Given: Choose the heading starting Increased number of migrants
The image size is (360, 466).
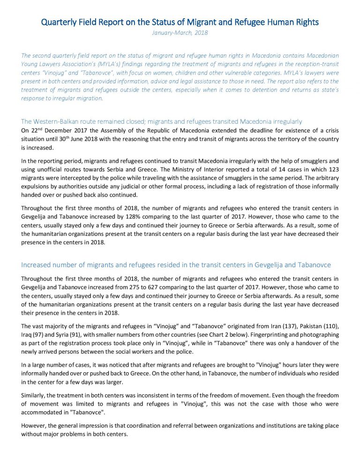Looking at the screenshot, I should pyautogui.click(x=176, y=264).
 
